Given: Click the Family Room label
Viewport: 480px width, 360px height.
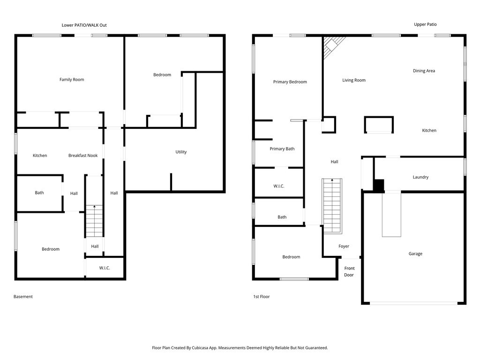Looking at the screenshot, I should click(72, 80).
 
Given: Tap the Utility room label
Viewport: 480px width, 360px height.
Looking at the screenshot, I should click(181, 152).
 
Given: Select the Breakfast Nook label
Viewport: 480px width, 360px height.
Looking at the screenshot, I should click(83, 156).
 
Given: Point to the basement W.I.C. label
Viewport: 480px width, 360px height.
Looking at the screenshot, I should click(105, 268).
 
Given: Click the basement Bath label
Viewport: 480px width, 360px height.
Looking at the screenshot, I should click(39, 193).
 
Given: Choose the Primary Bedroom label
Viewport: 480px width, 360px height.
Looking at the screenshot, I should click(290, 82).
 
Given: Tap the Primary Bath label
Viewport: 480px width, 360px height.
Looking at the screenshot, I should click(282, 149).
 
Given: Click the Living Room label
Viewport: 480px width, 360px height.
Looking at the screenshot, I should click(353, 80).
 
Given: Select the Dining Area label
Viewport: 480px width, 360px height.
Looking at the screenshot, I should click(424, 71).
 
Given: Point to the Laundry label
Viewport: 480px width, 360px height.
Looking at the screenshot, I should click(420, 177).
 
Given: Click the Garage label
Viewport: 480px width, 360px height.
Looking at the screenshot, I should click(415, 254).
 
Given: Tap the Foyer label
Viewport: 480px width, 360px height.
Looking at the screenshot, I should click(344, 247).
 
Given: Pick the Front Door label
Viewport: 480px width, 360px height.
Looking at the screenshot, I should click(349, 271).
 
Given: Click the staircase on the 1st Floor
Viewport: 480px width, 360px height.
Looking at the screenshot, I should click(332, 206).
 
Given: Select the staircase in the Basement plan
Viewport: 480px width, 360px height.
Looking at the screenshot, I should click(94, 221).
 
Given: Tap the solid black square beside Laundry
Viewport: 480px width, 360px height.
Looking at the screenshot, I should click(379, 185).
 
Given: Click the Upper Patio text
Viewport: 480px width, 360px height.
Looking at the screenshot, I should click(425, 24).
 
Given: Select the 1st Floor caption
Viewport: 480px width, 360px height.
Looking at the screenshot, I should click(261, 297).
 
